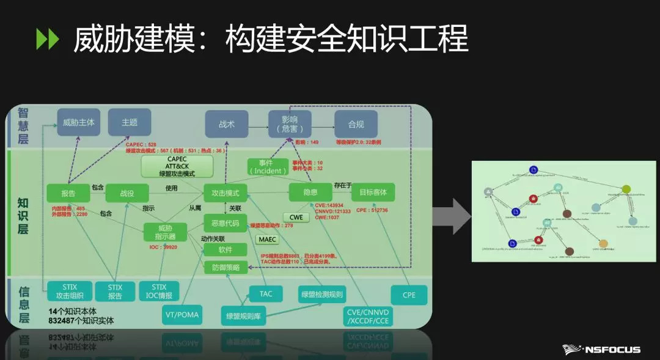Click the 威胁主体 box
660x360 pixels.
pos(79,122)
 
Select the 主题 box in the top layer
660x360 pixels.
pos(130,122)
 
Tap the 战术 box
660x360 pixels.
pos(227,124)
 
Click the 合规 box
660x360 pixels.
pos(356,124)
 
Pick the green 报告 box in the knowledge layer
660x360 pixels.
pos(68,193)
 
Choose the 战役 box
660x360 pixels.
pos(127,193)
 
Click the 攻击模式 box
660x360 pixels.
pos(226,193)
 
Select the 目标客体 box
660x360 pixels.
pos(373,193)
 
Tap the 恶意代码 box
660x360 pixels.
pos(225,223)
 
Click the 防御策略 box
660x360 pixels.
pos(226,267)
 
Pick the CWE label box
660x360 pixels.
pos(296,217)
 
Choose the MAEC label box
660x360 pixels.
pos(267,239)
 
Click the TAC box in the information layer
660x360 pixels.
pos(266,294)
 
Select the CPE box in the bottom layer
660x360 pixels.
pos(409,295)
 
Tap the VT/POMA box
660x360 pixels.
pos(182,315)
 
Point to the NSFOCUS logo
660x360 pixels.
pos(601,349)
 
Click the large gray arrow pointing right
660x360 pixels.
pos(452,215)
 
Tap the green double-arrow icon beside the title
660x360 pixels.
pos(48,40)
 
